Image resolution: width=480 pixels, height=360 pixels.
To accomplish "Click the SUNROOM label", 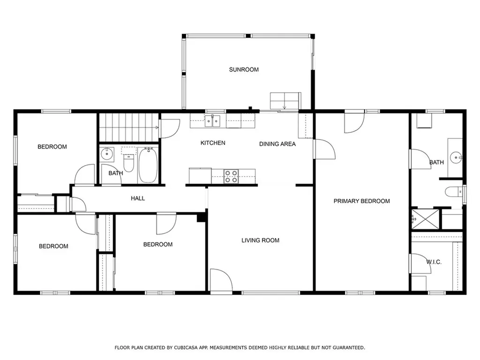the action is pyautogui.click(x=244, y=69).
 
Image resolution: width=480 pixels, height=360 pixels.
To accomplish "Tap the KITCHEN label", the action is pyautogui.click(x=213, y=143).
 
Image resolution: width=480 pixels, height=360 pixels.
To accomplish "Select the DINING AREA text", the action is pyautogui.click(x=277, y=144).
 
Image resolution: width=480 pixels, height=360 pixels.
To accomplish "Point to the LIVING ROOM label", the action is pyautogui.click(x=260, y=240).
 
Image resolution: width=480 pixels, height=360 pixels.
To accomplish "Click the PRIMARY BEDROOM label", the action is pyautogui.click(x=361, y=201).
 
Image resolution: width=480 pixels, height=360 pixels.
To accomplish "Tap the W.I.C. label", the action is pyautogui.click(x=434, y=262).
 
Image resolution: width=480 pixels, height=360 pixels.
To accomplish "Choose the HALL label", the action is pyautogui.click(x=138, y=198).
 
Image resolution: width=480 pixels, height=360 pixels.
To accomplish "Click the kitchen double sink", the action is pyautogui.click(x=212, y=121).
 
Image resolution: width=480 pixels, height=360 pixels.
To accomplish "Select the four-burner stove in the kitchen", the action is pyautogui.click(x=232, y=177).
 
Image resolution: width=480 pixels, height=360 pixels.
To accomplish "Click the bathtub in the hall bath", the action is pyautogui.click(x=148, y=165).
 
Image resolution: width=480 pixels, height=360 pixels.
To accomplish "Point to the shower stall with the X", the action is pyautogui.click(x=425, y=218).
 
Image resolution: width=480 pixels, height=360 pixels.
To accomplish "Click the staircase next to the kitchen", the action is pyautogui.click(x=129, y=127).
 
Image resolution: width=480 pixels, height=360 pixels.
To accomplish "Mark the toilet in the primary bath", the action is pyautogui.click(x=454, y=192).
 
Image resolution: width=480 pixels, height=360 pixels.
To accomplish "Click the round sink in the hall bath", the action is pyautogui.click(x=107, y=154).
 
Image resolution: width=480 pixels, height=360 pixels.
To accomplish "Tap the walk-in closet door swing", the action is pyautogui.click(x=420, y=263).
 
